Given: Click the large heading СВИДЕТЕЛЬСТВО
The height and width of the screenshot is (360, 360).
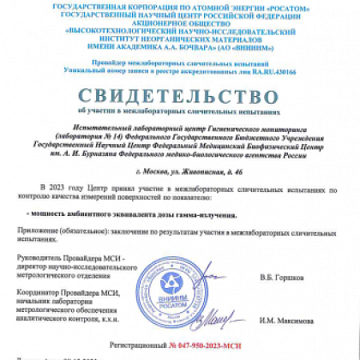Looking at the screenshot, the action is [x=179, y=97].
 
